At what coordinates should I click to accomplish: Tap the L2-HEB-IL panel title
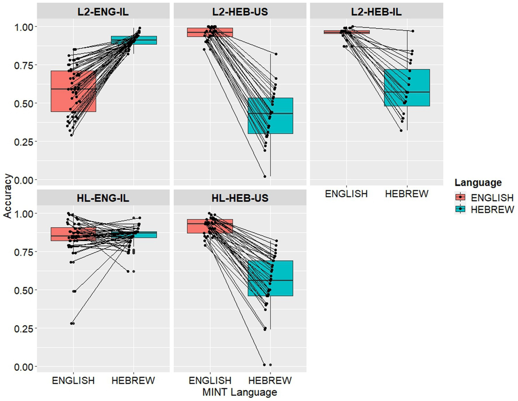click(x=377, y=12)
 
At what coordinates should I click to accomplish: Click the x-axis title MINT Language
click(x=240, y=392)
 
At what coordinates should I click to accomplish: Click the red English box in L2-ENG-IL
click(x=73, y=91)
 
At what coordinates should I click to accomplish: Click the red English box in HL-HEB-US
click(x=210, y=226)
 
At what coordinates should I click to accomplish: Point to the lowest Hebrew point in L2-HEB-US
click(x=265, y=176)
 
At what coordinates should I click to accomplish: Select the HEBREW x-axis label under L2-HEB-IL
click(x=407, y=194)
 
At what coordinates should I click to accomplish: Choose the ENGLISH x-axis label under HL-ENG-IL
click(x=73, y=381)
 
